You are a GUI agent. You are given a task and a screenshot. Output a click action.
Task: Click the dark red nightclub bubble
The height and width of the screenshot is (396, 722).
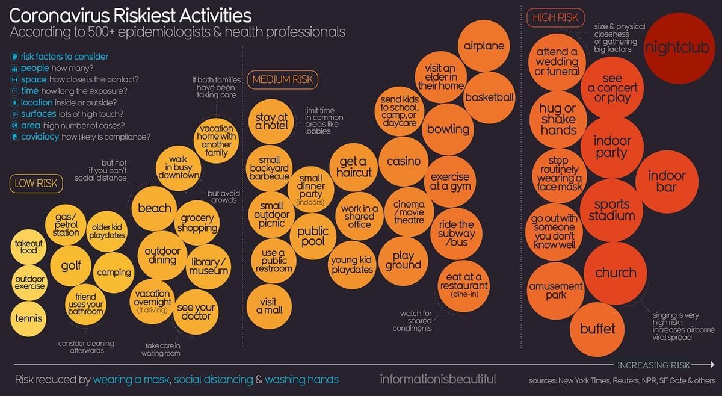[679, 48]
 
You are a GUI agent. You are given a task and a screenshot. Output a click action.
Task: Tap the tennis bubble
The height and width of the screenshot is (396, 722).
[28, 318]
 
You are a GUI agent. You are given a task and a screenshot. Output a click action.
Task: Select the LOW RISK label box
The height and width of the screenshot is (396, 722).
[36, 184]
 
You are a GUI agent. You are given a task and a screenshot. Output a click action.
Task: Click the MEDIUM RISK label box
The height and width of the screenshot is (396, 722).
[283, 79]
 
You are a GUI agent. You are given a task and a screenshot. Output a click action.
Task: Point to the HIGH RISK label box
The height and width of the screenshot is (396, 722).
[555, 17]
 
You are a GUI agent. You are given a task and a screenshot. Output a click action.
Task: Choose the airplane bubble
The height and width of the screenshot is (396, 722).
[484, 46]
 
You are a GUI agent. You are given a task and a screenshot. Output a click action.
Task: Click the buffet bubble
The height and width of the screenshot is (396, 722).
[597, 329]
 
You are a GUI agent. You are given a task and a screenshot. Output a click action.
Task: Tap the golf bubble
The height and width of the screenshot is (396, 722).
[70, 266]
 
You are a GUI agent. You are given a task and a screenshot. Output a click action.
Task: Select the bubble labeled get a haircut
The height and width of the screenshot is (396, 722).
[354, 167]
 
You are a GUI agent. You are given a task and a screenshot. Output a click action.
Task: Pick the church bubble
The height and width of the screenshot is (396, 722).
[616, 273]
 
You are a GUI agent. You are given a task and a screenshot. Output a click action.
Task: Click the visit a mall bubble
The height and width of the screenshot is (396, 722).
[269, 306]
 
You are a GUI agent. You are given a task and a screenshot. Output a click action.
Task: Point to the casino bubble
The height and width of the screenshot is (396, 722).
[404, 161]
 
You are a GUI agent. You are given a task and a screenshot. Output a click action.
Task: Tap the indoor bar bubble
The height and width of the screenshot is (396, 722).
[667, 182]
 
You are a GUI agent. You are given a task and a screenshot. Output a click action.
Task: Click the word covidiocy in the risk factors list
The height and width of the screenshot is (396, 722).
[40, 137]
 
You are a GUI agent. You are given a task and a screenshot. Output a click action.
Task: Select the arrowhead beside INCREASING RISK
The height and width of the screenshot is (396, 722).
[712, 364]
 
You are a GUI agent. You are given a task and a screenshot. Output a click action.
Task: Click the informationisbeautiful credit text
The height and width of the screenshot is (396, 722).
[438, 379]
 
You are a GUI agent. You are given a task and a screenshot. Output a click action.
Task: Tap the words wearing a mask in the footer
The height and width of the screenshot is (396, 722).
[131, 380]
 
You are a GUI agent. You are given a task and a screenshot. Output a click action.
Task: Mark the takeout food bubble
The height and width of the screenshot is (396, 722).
[28, 247]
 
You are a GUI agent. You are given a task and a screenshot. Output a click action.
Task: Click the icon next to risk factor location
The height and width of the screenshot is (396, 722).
[14, 102]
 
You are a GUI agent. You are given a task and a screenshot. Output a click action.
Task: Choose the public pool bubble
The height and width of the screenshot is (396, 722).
[313, 237]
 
